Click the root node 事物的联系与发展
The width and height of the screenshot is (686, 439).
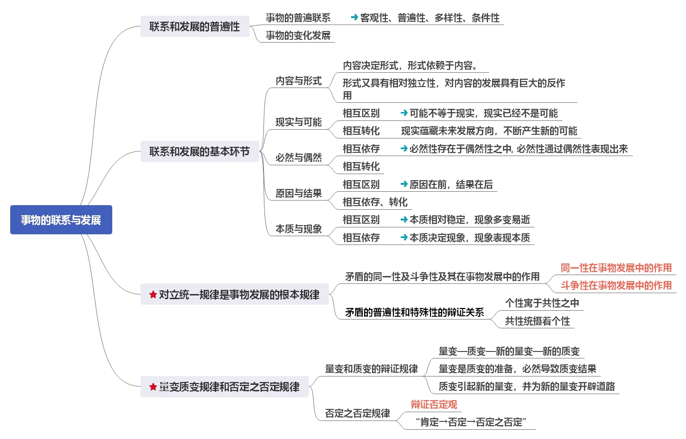click(x=61, y=220)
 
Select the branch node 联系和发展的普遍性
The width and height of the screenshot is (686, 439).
click(x=195, y=26)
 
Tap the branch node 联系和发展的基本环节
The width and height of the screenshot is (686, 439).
click(x=199, y=151)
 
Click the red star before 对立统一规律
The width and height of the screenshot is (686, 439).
click(x=153, y=295)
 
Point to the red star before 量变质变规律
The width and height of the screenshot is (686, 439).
click(x=153, y=387)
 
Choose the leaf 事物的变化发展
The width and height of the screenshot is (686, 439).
click(x=298, y=36)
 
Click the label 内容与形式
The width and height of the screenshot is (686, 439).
click(x=298, y=81)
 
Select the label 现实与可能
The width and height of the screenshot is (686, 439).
click(x=298, y=122)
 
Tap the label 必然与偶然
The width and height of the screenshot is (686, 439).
click(x=298, y=158)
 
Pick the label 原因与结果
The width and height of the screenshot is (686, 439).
click(x=298, y=194)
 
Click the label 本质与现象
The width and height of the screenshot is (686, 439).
click(x=298, y=229)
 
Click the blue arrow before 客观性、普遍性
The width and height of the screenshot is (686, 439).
click(x=354, y=18)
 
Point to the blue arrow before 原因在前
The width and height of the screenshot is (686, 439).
click(x=404, y=184)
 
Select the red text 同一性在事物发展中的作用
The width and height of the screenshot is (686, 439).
click(x=616, y=268)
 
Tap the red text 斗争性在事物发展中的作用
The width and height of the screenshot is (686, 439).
click(x=616, y=285)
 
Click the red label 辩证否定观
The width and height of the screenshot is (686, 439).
click(x=434, y=405)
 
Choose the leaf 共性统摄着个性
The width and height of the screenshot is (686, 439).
click(x=537, y=321)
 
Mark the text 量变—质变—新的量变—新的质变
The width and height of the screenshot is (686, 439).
click(x=509, y=351)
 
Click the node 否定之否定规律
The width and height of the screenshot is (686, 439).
click(x=357, y=414)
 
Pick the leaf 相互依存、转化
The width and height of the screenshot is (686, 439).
click(x=375, y=202)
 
